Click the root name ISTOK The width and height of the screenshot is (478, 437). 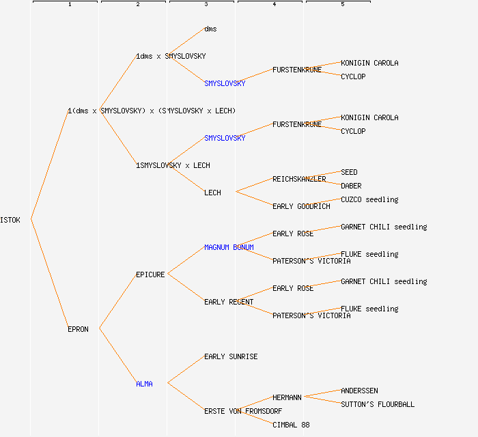point(10,220)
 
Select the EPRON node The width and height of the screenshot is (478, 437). point(78,329)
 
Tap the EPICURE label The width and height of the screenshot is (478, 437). point(150,274)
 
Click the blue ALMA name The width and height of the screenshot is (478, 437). point(144,384)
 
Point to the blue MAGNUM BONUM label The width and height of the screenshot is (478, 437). point(229,247)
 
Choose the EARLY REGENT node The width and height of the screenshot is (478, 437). point(229,302)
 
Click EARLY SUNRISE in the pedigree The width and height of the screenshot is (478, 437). point(231,356)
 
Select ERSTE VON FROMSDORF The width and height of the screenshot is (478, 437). point(242,411)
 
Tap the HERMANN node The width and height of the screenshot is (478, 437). point(287,397)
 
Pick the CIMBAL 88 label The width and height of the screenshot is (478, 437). point(291,425)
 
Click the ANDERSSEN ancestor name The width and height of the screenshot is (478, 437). point(359,391)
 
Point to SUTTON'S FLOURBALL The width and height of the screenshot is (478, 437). point(378,404)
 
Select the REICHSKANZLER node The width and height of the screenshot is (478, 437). point(299,179)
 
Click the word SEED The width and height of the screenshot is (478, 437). point(349,172)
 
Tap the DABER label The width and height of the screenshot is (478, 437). point(351,186)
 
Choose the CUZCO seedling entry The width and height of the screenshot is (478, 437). point(369,199)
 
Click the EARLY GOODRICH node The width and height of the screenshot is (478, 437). point(301,206)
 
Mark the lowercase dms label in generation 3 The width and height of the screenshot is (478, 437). point(210,29)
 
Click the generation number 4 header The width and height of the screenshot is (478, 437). point(275,5)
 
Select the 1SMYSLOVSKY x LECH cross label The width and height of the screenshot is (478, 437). point(173,165)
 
